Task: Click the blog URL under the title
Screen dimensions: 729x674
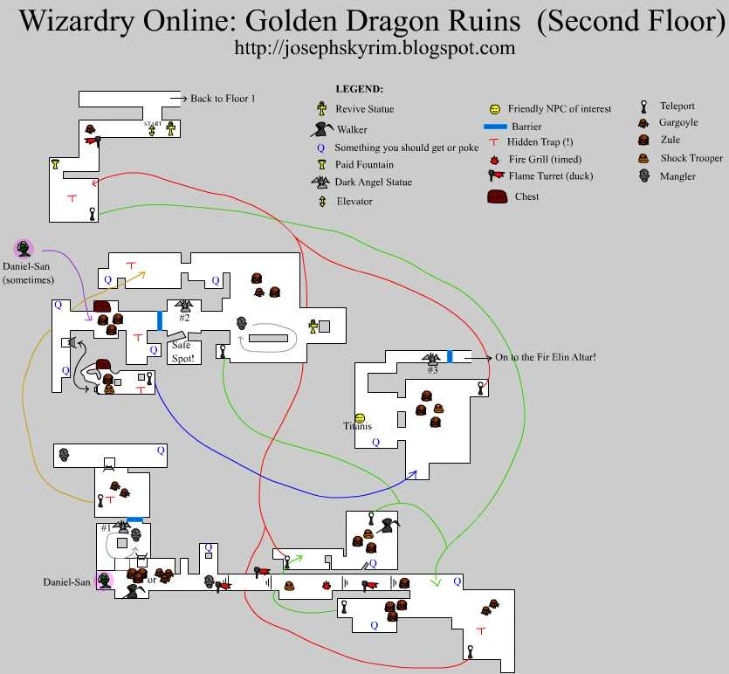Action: click(x=374, y=49)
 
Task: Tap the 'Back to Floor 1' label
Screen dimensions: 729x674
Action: click(x=223, y=99)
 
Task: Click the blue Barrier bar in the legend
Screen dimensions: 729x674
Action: click(x=495, y=127)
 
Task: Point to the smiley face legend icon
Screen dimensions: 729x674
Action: click(x=495, y=109)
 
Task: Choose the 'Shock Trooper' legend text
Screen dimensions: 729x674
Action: click(x=691, y=158)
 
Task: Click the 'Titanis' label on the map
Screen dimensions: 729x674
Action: click(x=358, y=426)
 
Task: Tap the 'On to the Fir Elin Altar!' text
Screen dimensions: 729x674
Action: click(x=546, y=357)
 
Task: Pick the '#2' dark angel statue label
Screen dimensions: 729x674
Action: click(x=184, y=318)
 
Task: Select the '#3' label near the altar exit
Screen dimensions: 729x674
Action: click(x=432, y=369)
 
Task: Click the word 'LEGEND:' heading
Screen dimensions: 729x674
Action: click(x=359, y=89)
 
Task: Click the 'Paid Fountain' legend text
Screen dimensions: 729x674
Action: click(x=364, y=164)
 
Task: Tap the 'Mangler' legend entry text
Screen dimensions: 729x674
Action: click(x=677, y=175)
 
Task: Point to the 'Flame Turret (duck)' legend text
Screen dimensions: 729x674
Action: click(x=551, y=176)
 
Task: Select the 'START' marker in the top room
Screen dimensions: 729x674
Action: click(x=153, y=124)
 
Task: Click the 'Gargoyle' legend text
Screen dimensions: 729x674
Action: click(x=678, y=122)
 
